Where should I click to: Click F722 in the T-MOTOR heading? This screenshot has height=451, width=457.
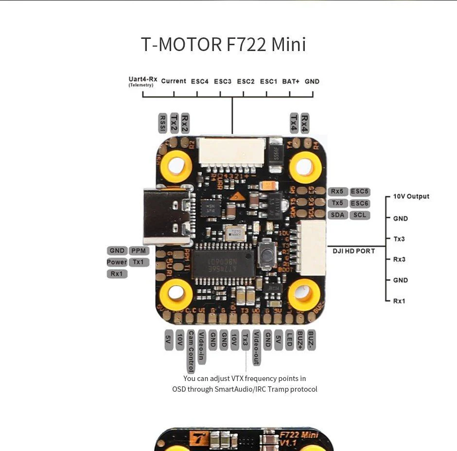(246, 44)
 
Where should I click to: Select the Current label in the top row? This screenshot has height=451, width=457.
(174, 81)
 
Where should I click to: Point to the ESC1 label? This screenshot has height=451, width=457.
(268, 81)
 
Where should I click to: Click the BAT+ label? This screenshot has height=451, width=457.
(291, 81)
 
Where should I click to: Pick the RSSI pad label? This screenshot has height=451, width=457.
(163, 123)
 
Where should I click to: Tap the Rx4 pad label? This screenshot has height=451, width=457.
(305, 123)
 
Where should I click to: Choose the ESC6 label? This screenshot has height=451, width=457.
(359, 203)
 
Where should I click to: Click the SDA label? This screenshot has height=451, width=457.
(337, 215)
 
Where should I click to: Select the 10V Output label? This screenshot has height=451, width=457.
(411, 196)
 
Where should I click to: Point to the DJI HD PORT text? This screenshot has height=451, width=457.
(354, 251)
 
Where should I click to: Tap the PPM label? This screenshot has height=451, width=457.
(139, 251)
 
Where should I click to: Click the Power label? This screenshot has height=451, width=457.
(117, 262)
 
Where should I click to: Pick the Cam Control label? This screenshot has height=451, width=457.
(191, 352)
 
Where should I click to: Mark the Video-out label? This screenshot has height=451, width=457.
(256, 348)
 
